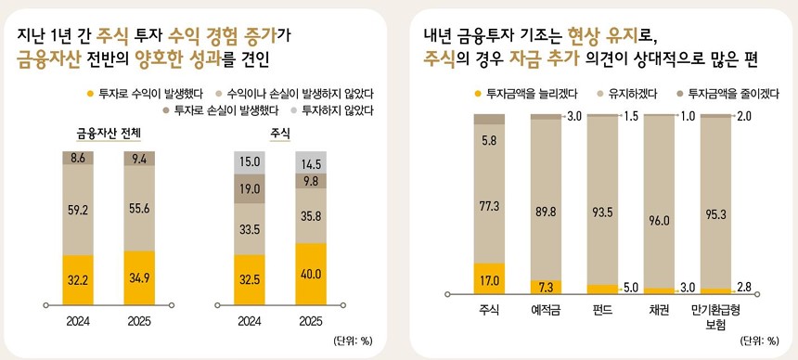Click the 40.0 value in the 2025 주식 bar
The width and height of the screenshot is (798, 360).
coord(313,274)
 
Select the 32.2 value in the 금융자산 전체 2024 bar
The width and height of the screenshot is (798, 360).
coord(79,278)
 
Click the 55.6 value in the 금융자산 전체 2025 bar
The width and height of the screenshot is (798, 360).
coord(139,211)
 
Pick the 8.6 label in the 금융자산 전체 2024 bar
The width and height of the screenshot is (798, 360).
coord(79,158)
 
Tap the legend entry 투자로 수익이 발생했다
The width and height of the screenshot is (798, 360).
coord(144,93)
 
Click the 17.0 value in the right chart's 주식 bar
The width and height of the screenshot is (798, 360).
coord(488,277)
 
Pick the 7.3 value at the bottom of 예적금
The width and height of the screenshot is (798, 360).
coord(546,287)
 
